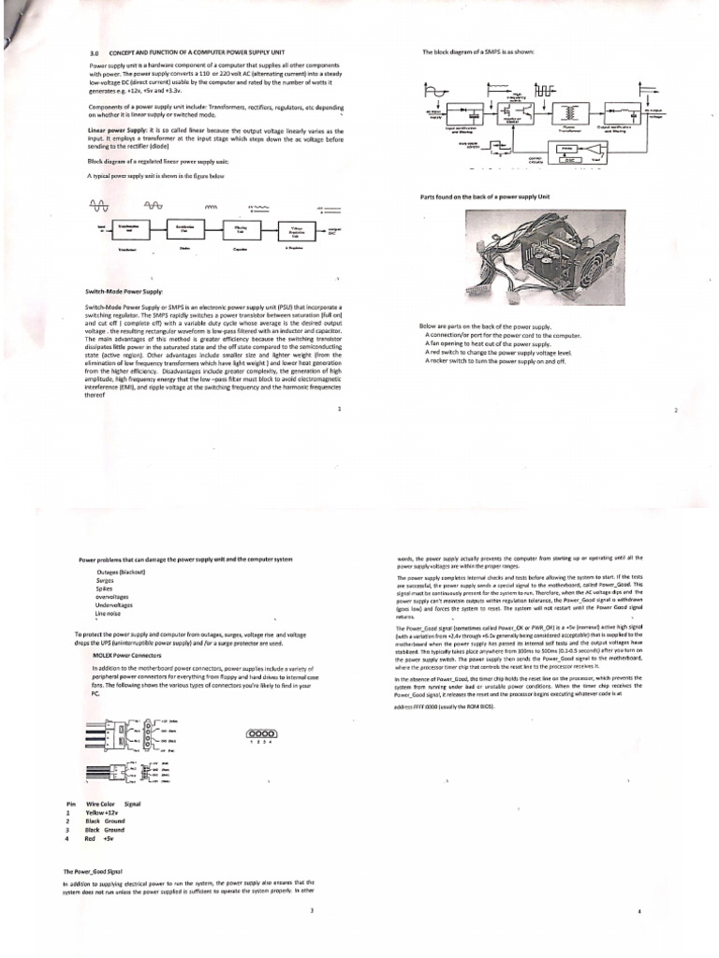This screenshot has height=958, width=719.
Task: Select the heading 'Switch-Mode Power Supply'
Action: tap(124, 291)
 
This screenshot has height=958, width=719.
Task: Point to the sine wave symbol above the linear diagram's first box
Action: tap(97, 206)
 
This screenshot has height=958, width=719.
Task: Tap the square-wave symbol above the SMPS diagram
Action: tap(545, 91)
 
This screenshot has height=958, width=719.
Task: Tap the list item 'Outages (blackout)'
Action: tap(120, 572)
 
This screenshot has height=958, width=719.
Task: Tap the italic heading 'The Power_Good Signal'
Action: tap(94, 871)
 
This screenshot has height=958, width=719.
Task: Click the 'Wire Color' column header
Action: tap(100, 804)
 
